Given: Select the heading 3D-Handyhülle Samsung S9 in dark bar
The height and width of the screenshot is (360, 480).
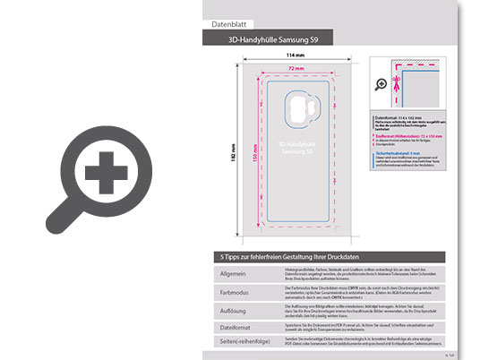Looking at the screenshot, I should click(276, 41).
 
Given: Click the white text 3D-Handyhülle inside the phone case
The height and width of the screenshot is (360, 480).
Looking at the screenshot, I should click(296, 143).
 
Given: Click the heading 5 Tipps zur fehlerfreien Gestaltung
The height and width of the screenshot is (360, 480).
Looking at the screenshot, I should click(287, 256).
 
